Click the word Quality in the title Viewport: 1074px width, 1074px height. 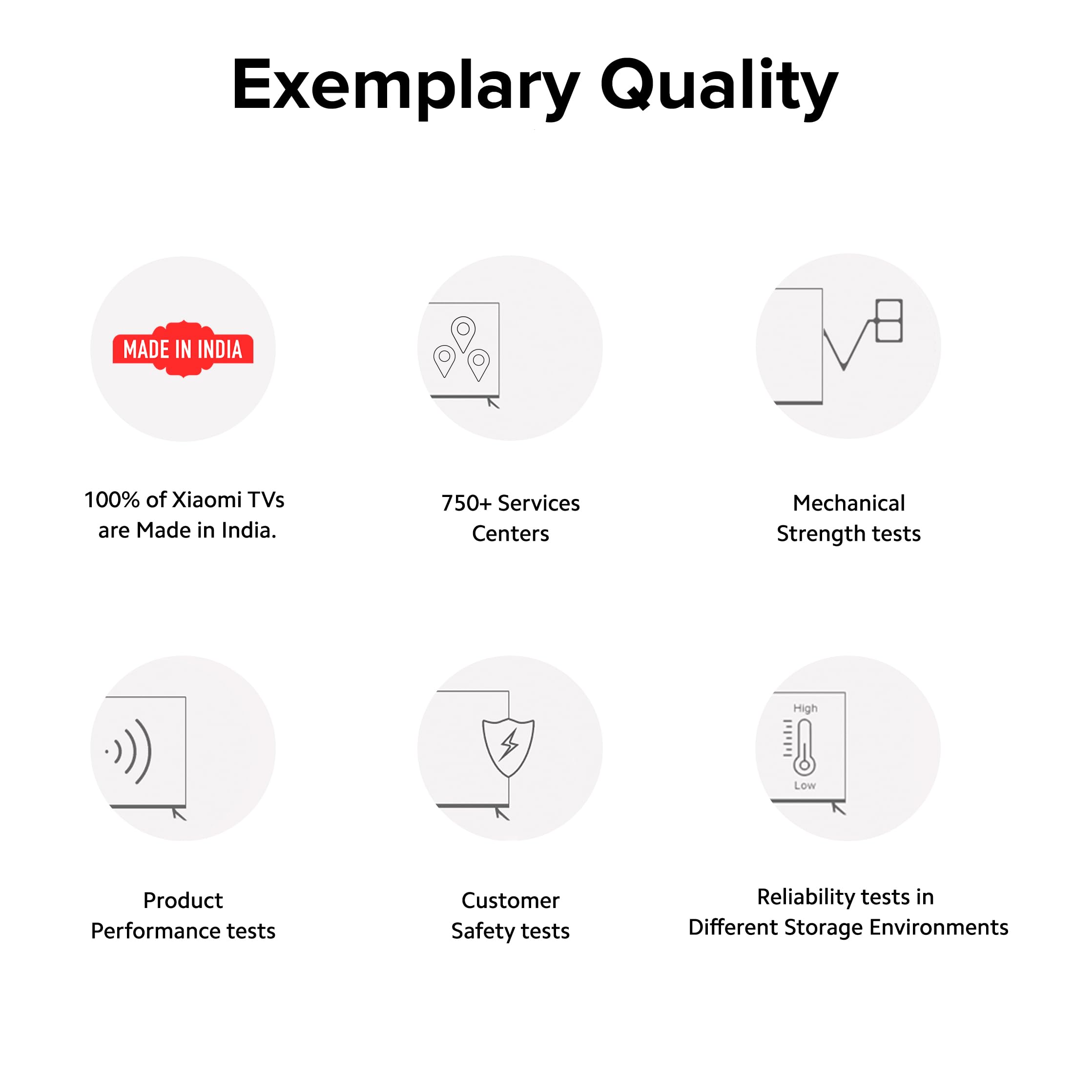coord(719,88)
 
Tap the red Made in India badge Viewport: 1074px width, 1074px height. coord(183,349)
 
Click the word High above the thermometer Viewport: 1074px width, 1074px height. coord(805,708)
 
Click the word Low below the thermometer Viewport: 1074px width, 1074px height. coord(805,785)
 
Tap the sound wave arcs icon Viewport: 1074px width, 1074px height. coord(129,751)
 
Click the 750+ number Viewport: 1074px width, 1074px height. coord(466,503)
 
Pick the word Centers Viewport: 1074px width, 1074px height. coord(510,534)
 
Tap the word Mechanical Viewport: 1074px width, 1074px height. coord(849,503)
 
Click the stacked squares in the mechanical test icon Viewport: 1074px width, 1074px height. coord(888,321)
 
